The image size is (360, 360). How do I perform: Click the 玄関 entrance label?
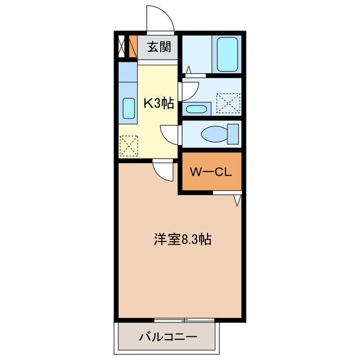(x=159, y=47)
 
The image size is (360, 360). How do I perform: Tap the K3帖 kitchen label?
(x=159, y=103)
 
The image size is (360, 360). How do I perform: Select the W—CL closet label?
(x=210, y=173)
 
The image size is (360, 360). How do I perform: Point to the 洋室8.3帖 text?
(x=182, y=240)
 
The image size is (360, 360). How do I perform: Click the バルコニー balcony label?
(x=168, y=338)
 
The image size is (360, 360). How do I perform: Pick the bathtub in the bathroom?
(x=228, y=55)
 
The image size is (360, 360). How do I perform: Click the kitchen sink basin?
(x=128, y=107)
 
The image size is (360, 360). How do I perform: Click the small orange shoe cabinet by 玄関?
(x=133, y=47)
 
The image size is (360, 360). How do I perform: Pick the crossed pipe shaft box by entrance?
(x=122, y=47)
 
